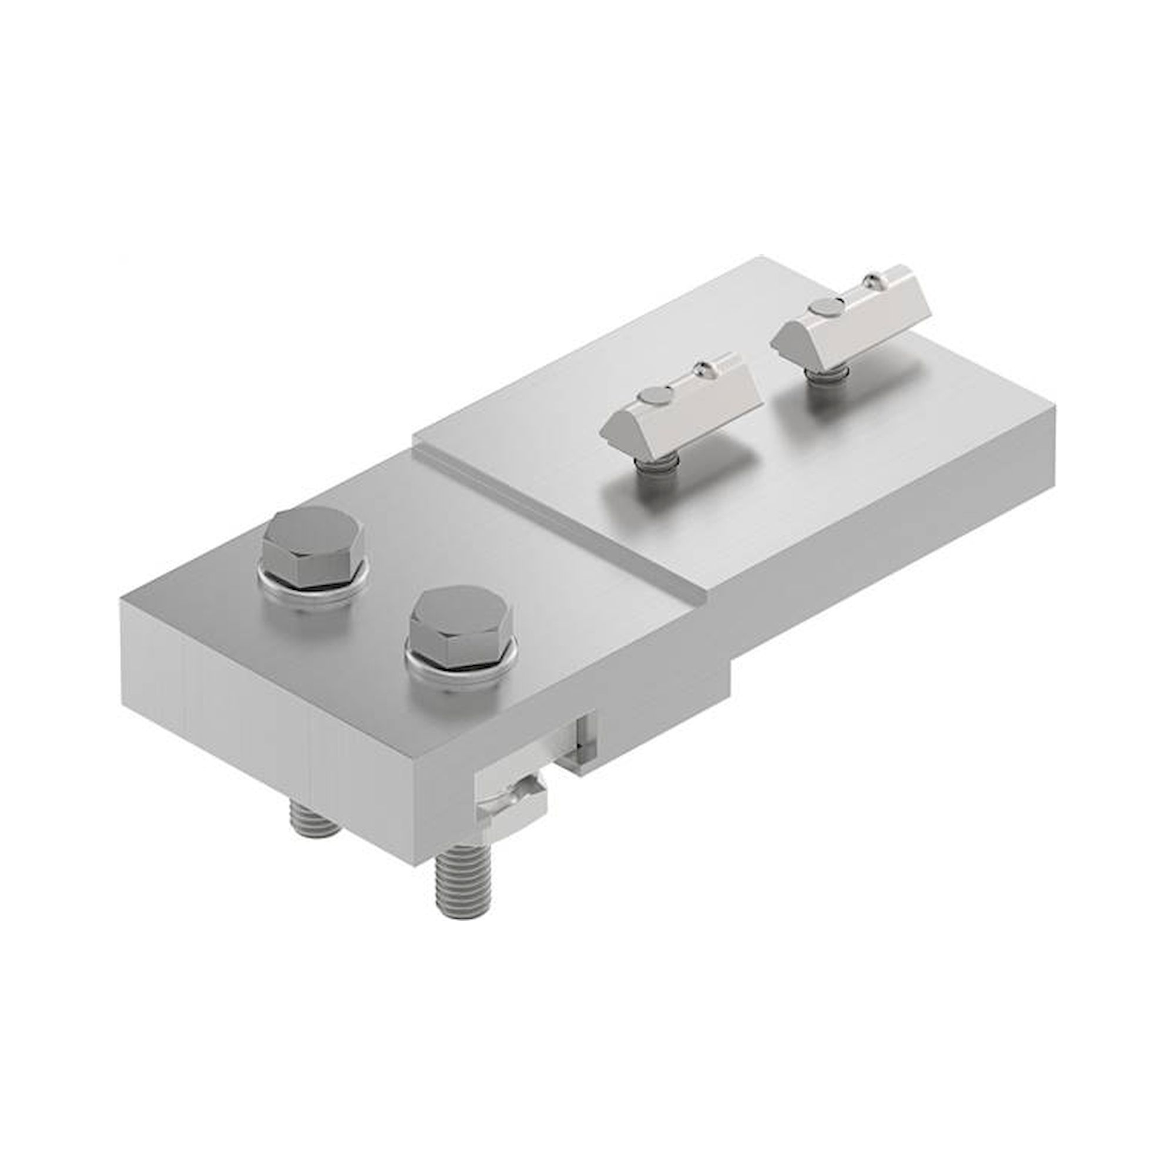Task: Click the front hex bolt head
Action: [x=461, y=627]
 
